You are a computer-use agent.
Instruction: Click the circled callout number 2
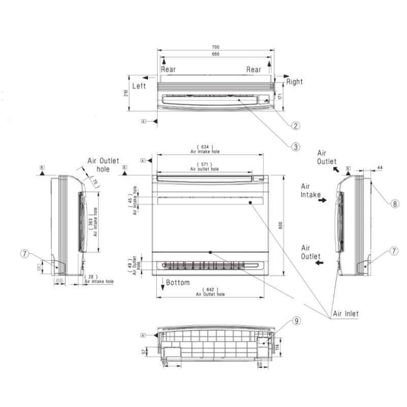point(295,125)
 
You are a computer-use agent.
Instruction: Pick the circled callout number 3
point(295,147)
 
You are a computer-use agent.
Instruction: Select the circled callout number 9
point(297,321)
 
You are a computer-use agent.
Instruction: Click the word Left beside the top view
point(139,86)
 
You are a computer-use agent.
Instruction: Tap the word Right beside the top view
point(294,81)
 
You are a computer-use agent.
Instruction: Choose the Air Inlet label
point(346,313)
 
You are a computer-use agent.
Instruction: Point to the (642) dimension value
point(210,289)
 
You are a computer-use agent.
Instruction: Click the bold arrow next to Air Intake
point(322,201)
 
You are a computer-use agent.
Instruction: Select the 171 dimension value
point(280,97)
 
